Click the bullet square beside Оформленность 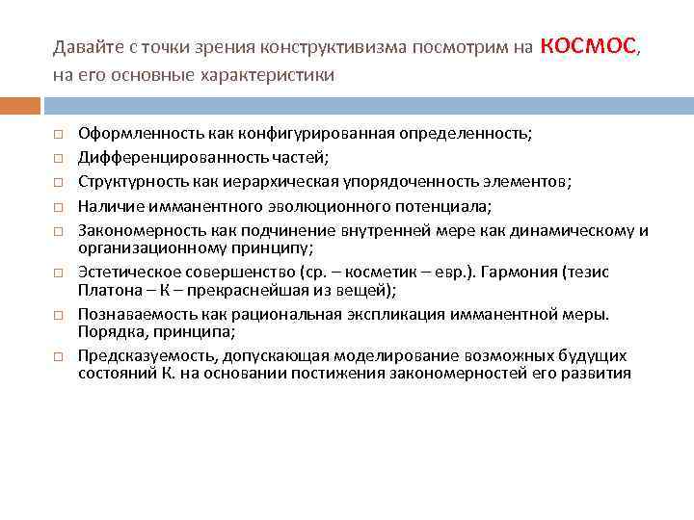point(58,135)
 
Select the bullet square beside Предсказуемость point(58,356)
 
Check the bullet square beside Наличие point(58,206)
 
